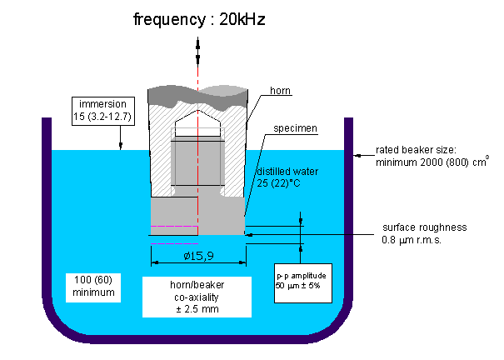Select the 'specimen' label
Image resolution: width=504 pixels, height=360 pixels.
tap(295, 128)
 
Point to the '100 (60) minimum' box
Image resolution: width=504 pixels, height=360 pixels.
tap(92, 287)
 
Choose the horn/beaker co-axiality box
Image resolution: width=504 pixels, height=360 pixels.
tap(197, 297)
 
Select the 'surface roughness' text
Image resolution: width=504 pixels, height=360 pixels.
tap(424, 227)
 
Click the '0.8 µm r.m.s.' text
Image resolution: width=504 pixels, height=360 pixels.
tap(416, 241)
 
